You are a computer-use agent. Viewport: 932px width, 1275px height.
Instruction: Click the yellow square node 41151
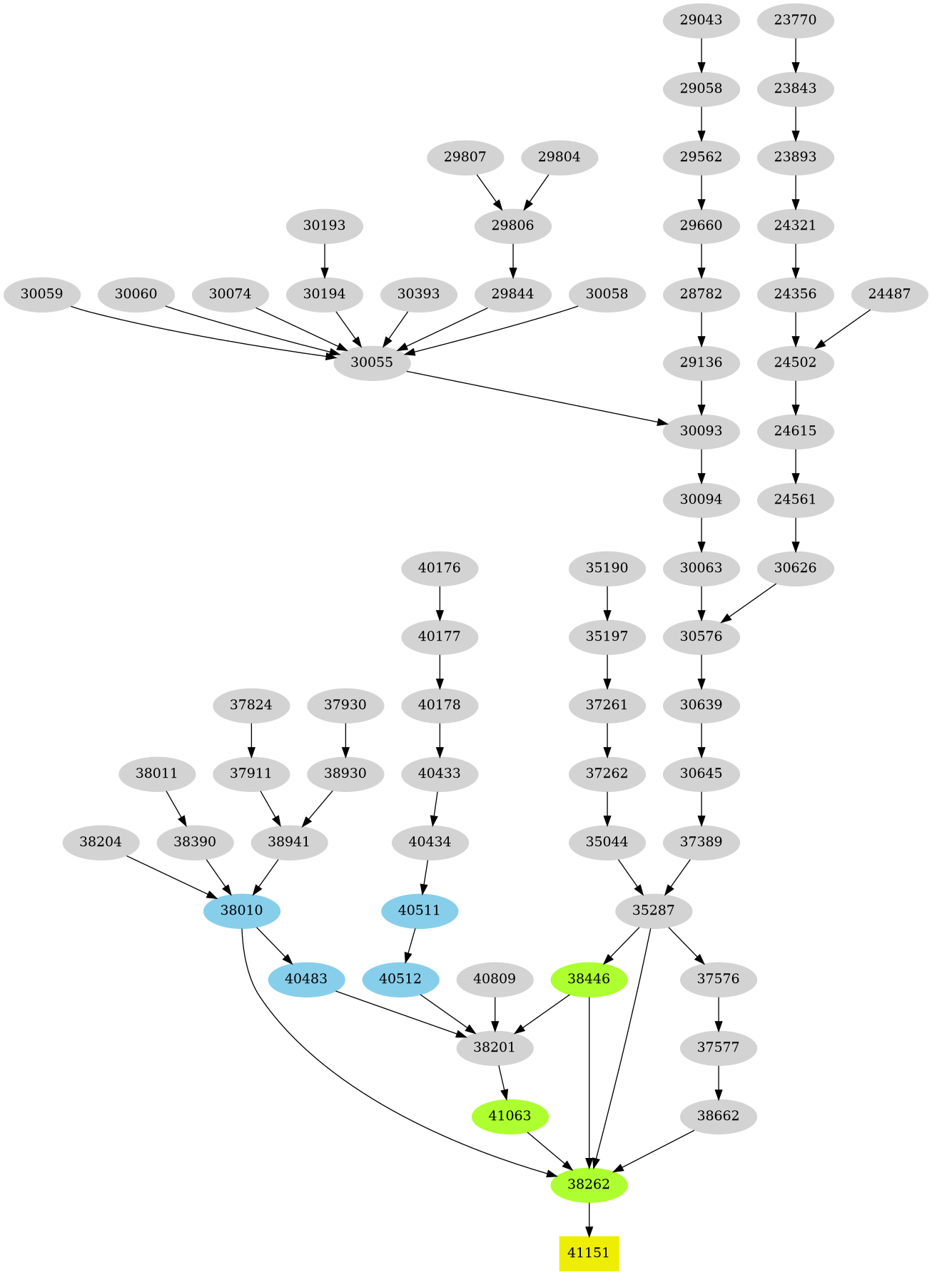pyautogui.click(x=588, y=1253)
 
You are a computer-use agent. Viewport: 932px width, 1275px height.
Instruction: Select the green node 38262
pyautogui.click(x=589, y=1184)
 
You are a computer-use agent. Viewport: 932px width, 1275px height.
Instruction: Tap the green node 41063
pyautogui.click(x=510, y=1116)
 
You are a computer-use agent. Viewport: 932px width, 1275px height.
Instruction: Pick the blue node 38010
pyautogui.click(x=241, y=910)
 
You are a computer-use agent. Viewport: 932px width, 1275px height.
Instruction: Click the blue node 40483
pyautogui.click(x=306, y=979)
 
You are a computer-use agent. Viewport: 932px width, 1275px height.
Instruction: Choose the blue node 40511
pyautogui.click(x=419, y=910)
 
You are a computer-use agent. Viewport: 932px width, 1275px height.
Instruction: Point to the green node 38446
pyautogui.click(x=589, y=979)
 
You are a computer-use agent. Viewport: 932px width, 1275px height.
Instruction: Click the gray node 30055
pyautogui.click(x=372, y=362)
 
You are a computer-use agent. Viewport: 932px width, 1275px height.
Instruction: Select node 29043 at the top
pyautogui.click(x=701, y=20)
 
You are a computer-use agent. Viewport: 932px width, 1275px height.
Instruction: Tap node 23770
pyautogui.click(x=795, y=20)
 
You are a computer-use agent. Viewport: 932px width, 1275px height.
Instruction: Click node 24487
pyautogui.click(x=889, y=294)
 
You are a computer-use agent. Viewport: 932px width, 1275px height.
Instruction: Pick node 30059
pyautogui.click(x=41, y=294)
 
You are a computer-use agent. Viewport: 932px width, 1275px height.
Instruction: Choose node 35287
pyautogui.click(x=654, y=910)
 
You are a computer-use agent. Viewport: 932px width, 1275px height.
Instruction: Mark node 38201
pyautogui.click(x=495, y=1047)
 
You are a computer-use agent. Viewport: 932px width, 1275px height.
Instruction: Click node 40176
pyautogui.click(x=440, y=568)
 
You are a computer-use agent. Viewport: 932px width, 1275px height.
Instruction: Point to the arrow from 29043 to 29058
pyautogui.click(x=701, y=54)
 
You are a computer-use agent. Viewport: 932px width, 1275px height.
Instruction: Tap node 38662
pyautogui.click(x=718, y=1116)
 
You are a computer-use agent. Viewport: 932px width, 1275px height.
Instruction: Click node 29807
pyautogui.click(x=465, y=157)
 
